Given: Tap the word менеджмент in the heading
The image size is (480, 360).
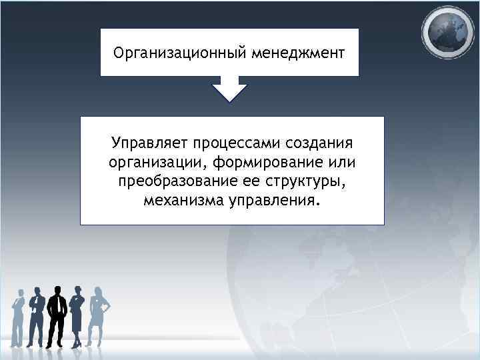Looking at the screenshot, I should coord(298,52).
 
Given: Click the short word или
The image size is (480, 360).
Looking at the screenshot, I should coord(341,163).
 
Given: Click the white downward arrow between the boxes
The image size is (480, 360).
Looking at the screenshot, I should coord(229,90).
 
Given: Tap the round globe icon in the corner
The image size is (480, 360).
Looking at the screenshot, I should coord(450,32).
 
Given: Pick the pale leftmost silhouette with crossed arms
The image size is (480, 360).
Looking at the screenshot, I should coord(18,316).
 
